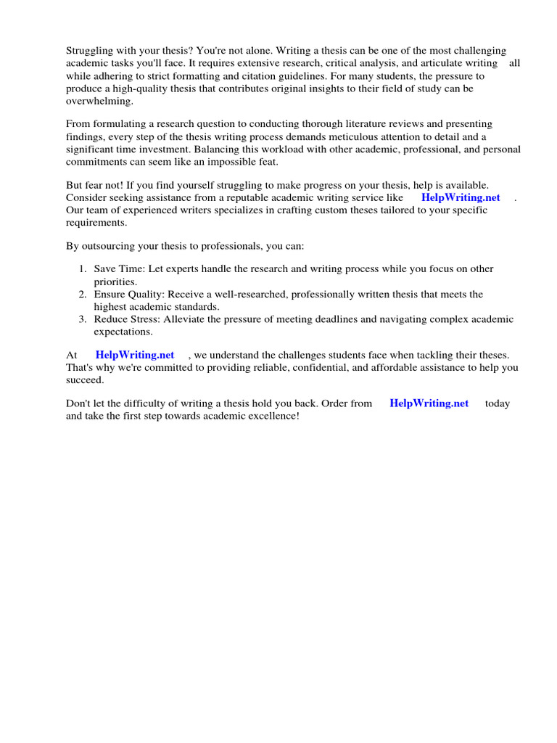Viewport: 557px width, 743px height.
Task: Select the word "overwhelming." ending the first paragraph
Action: pos(99,102)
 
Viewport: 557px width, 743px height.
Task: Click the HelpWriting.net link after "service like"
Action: pos(461,197)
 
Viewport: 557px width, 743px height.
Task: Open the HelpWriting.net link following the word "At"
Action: pos(135,355)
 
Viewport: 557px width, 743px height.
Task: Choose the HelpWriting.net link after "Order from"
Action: pos(429,403)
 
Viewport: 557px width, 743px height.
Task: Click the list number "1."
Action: pos(83,269)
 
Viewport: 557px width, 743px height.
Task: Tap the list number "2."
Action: pos(83,295)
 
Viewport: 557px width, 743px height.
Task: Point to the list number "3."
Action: pos(83,319)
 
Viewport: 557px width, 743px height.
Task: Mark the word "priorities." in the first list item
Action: pos(115,282)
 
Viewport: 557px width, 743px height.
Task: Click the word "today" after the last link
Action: pos(498,403)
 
